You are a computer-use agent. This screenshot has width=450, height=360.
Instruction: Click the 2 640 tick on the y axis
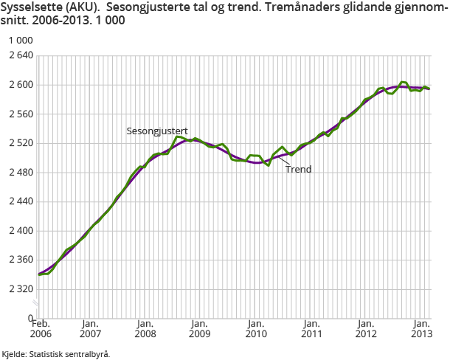[18, 55]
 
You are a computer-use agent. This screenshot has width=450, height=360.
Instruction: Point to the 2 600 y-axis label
[18, 85]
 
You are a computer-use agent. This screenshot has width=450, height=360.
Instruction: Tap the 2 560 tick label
[18, 114]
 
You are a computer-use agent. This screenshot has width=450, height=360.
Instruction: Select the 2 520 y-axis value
[18, 143]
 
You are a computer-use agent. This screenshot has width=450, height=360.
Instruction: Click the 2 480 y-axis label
[18, 173]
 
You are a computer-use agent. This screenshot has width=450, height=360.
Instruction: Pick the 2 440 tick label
[18, 201]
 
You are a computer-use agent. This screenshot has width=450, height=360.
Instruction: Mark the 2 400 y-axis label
[18, 231]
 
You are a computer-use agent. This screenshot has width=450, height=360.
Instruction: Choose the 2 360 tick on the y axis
[18, 260]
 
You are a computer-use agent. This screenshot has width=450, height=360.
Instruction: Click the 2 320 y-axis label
[18, 289]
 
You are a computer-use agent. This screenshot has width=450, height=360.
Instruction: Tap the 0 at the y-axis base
[30, 318]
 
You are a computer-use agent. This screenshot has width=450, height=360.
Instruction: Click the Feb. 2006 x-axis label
[40, 328]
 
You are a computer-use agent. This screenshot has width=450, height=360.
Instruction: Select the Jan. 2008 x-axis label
[145, 328]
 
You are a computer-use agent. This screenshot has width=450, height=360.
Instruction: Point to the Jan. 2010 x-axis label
[256, 328]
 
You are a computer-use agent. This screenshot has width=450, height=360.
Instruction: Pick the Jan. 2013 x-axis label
[421, 328]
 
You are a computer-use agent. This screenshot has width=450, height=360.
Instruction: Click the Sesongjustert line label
[156, 131]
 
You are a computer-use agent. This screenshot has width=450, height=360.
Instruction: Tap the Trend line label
[299, 169]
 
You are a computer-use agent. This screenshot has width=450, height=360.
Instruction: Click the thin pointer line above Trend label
[283, 160]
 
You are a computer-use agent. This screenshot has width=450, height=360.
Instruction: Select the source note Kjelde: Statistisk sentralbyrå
[57, 354]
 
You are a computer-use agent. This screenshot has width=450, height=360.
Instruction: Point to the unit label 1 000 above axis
[16, 40]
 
